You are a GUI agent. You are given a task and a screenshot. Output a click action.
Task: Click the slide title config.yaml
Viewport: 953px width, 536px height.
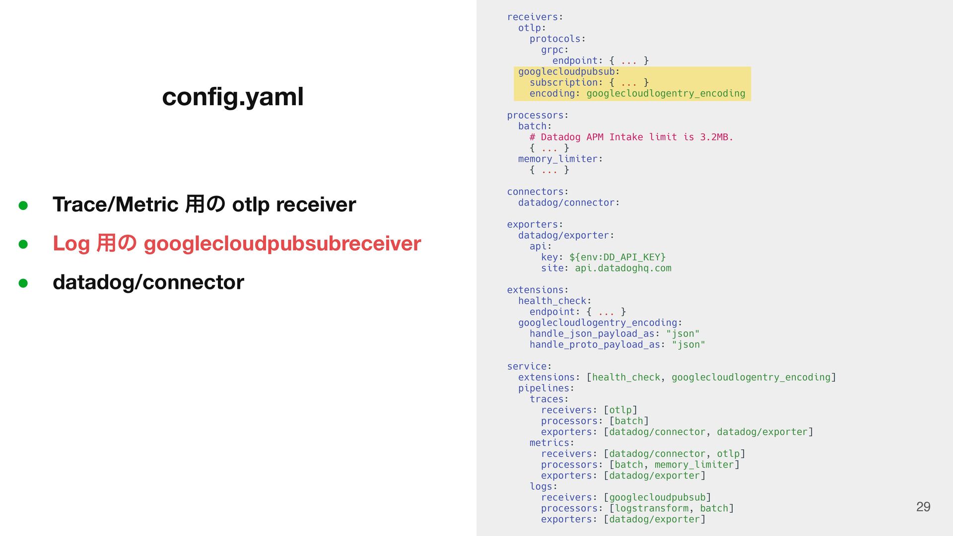click(232, 96)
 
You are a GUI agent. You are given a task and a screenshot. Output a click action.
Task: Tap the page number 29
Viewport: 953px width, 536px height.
click(923, 507)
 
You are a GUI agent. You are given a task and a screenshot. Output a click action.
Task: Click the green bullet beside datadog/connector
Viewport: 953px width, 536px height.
click(23, 283)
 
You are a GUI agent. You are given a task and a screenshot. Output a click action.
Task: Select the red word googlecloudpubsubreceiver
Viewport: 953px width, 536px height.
click(282, 244)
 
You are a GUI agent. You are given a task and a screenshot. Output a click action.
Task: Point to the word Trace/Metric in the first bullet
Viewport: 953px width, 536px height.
click(115, 204)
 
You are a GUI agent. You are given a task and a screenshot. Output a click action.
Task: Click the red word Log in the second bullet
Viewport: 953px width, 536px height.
click(71, 244)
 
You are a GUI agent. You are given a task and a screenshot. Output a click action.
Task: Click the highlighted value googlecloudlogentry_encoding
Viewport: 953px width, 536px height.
click(666, 94)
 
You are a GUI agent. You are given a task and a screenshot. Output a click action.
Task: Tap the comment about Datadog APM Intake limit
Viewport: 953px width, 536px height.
click(631, 137)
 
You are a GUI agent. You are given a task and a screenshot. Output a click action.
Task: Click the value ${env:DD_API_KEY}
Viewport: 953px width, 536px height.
click(617, 257)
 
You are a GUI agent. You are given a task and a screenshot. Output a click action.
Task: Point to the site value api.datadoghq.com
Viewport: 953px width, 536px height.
click(623, 268)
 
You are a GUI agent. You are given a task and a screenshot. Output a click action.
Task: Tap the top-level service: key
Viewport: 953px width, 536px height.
click(529, 367)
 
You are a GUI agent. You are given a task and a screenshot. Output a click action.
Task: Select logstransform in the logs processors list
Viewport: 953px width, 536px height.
click(651, 509)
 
